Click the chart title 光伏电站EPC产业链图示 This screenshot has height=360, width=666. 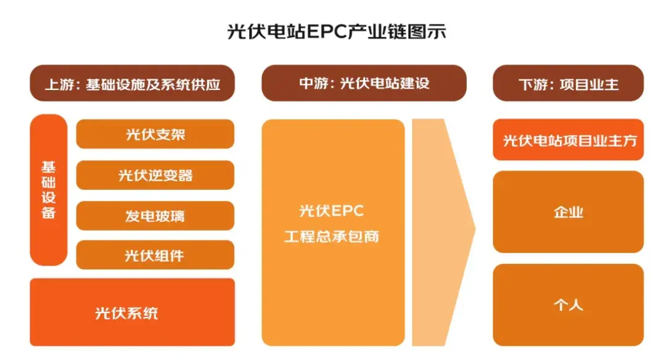point(337,32)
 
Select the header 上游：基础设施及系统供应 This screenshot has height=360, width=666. point(132,83)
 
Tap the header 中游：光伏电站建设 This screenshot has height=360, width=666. point(364,83)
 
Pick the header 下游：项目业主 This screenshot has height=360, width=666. point(569,83)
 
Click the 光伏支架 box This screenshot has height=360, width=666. point(155,134)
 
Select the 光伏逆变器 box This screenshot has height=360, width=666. point(155,175)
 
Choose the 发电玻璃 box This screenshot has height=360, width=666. point(155,216)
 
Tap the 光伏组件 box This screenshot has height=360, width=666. point(155,255)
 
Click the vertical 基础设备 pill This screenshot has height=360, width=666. point(49,190)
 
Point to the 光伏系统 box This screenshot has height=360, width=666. point(132,312)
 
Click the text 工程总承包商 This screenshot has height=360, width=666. point(332,237)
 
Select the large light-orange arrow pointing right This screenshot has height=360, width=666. point(443,232)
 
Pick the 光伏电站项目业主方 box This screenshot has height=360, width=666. point(569,140)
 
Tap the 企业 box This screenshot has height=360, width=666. point(569,212)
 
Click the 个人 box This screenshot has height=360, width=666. point(569,305)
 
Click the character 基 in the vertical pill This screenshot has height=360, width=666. point(49,167)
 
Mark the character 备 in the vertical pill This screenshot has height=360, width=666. point(49,212)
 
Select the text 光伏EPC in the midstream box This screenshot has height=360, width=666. point(332,211)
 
